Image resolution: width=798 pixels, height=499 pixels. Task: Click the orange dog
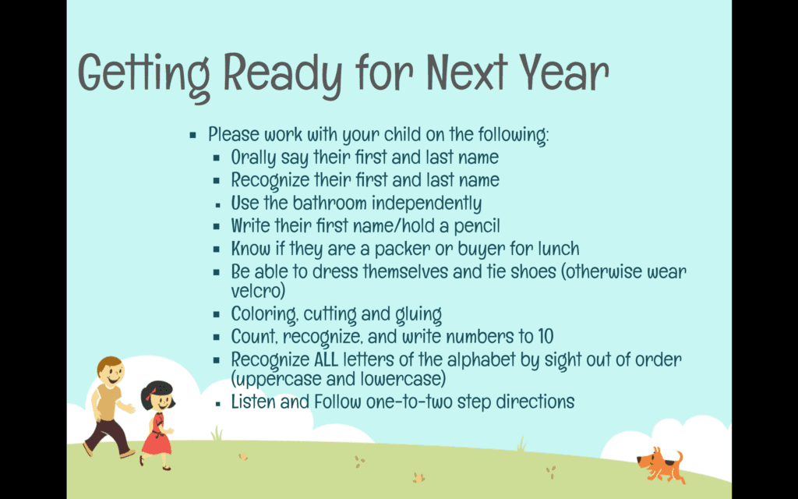point(661,465)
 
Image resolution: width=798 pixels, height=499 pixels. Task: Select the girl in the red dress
point(157,425)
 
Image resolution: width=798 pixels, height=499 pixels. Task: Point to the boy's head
point(111,370)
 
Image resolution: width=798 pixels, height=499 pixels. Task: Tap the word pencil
point(477,226)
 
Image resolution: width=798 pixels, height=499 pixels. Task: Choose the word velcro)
point(258,291)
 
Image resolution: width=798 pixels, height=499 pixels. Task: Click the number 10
point(545,337)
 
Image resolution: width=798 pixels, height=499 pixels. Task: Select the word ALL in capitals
point(326,359)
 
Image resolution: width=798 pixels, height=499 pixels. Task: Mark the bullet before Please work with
point(193,136)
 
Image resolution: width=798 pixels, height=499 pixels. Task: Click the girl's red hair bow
point(150,394)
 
